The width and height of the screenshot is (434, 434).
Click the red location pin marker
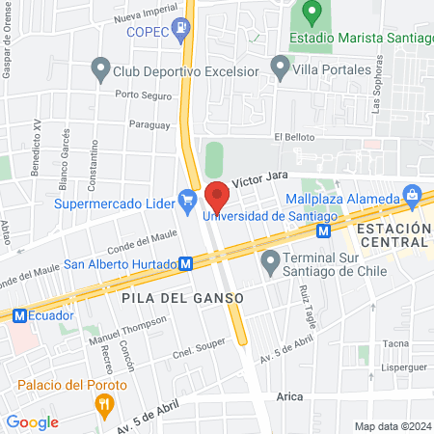point(217,196)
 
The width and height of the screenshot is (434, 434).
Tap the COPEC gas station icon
point(180,28)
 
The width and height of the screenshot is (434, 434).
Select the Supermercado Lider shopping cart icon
point(188,203)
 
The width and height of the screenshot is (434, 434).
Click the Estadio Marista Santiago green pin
point(312,14)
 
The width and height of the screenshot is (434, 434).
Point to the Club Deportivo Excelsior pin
point(98,69)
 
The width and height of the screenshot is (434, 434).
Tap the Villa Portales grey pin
point(280,68)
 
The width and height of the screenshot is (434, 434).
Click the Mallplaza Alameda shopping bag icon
point(413,196)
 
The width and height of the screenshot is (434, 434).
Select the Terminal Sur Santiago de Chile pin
point(270,260)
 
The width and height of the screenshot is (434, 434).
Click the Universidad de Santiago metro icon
point(326,231)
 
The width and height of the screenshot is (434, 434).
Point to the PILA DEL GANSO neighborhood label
point(181,298)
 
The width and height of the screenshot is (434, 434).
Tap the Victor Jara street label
point(262,180)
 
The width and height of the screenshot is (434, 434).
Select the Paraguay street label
point(149,124)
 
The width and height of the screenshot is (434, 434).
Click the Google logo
point(32,421)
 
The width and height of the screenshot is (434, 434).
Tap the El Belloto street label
point(294,138)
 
